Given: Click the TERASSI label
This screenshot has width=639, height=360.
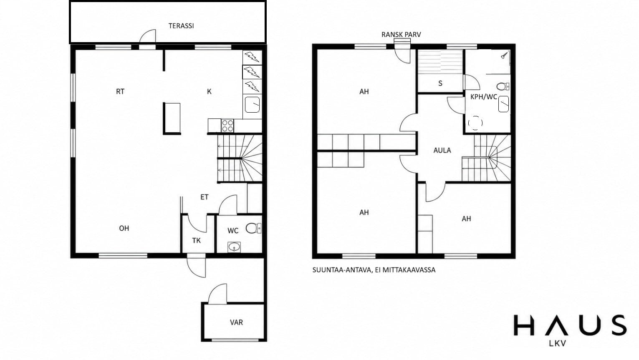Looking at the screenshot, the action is (181, 26).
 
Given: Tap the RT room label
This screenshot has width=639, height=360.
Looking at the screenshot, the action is (120, 91).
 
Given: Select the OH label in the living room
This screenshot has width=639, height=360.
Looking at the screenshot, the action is (124, 228).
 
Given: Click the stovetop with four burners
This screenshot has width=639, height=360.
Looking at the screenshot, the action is (227, 126).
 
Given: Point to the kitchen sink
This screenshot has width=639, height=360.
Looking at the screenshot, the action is (252, 105).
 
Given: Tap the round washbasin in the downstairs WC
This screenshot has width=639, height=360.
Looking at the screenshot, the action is (234, 247).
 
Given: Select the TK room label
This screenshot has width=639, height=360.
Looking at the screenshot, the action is (196, 241).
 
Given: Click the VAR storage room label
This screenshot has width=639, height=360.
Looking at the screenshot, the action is (237, 322).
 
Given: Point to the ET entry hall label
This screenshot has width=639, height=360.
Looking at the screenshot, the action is (204, 197).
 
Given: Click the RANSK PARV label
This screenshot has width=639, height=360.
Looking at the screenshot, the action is (401, 35).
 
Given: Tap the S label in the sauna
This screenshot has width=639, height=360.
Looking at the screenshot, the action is (440, 83).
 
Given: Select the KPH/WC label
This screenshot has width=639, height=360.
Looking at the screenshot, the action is (484, 97).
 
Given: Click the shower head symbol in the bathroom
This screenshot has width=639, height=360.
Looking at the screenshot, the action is (504, 55).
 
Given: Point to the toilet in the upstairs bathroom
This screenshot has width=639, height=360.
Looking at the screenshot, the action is (503, 86).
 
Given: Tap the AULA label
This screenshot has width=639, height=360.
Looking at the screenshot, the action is (442, 151).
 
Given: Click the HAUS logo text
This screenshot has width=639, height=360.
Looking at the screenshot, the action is (570, 325).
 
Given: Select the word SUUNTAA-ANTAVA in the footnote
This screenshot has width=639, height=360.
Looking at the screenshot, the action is (342, 270).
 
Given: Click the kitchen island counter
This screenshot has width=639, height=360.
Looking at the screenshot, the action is (172, 118).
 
